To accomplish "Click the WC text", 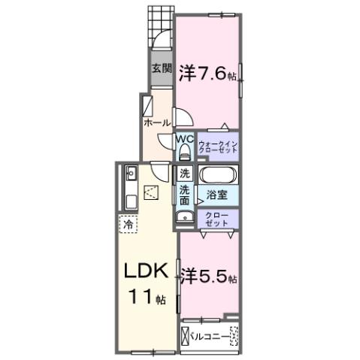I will click(185, 139).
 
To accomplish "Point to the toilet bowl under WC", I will click(184, 153).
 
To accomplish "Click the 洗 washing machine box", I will click(185, 174).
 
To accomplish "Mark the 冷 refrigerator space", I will click(127, 223).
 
